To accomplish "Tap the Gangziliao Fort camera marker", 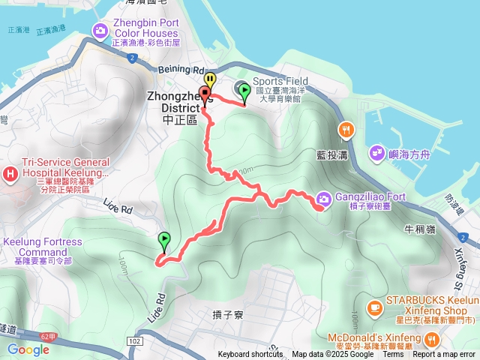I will [x=323, y=199].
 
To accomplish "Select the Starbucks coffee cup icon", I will [x=373, y=307].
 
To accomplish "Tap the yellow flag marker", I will [x=210, y=80].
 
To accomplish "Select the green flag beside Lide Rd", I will [x=164, y=241].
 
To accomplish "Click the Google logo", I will [x=28, y=349].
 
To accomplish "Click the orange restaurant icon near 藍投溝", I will [x=346, y=129].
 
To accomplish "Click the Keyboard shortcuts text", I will [x=251, y=355].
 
